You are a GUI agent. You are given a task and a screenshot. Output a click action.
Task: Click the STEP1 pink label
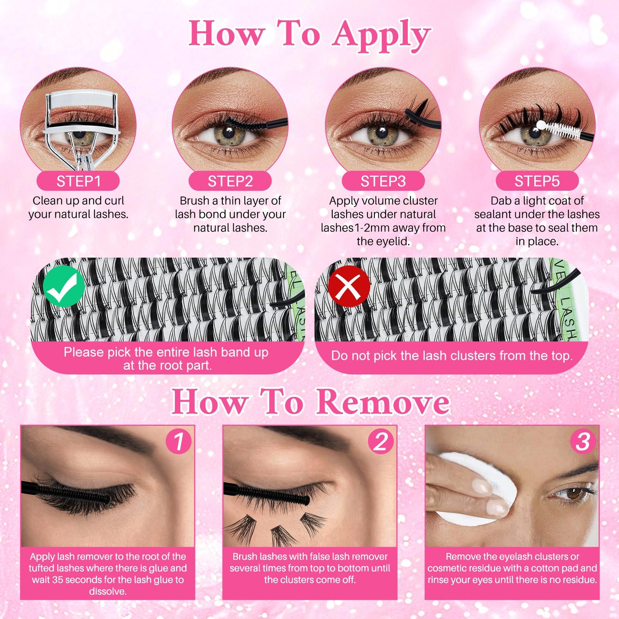tap(78, 181)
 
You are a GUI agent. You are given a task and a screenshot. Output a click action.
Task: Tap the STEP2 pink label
tap(230, 181)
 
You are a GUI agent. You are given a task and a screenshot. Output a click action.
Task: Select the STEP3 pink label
tap(383, 181)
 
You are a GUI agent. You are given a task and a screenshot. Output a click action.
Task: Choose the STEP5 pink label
tap(537, 181)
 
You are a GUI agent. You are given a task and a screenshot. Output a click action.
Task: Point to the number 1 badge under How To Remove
tap(179, 441)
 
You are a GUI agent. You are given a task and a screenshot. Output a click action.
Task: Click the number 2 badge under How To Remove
tap(381, 441)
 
